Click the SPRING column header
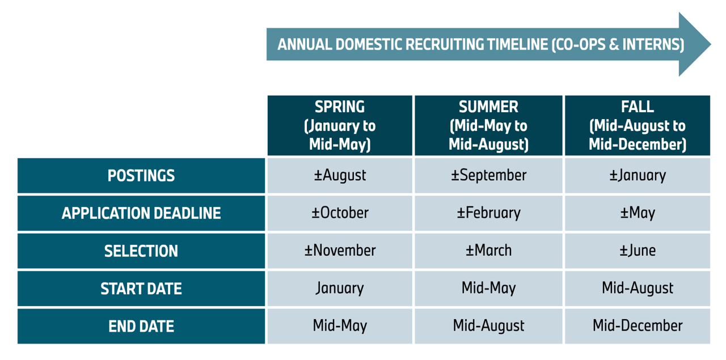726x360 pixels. [340, 125]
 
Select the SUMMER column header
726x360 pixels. [488, 125]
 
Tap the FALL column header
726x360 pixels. [637, 125]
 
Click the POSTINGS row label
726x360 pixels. [141, 176]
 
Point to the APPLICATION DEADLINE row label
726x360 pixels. [141, 213]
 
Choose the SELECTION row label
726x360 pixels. [141, 251]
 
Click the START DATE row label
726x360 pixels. [141, 289]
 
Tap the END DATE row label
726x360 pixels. [141, 326]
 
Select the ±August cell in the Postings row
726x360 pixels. [340, 175]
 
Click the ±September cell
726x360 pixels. [488, 175]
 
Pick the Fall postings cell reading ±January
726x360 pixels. [637, 175]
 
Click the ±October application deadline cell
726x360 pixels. [340, 213]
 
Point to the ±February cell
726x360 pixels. [488, 213]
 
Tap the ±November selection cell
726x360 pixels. [340, 251]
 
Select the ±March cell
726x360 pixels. [488, 251]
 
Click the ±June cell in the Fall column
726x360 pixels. [637, 251]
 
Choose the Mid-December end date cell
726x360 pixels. [637, 326]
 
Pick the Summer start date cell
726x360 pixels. [488, 288]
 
